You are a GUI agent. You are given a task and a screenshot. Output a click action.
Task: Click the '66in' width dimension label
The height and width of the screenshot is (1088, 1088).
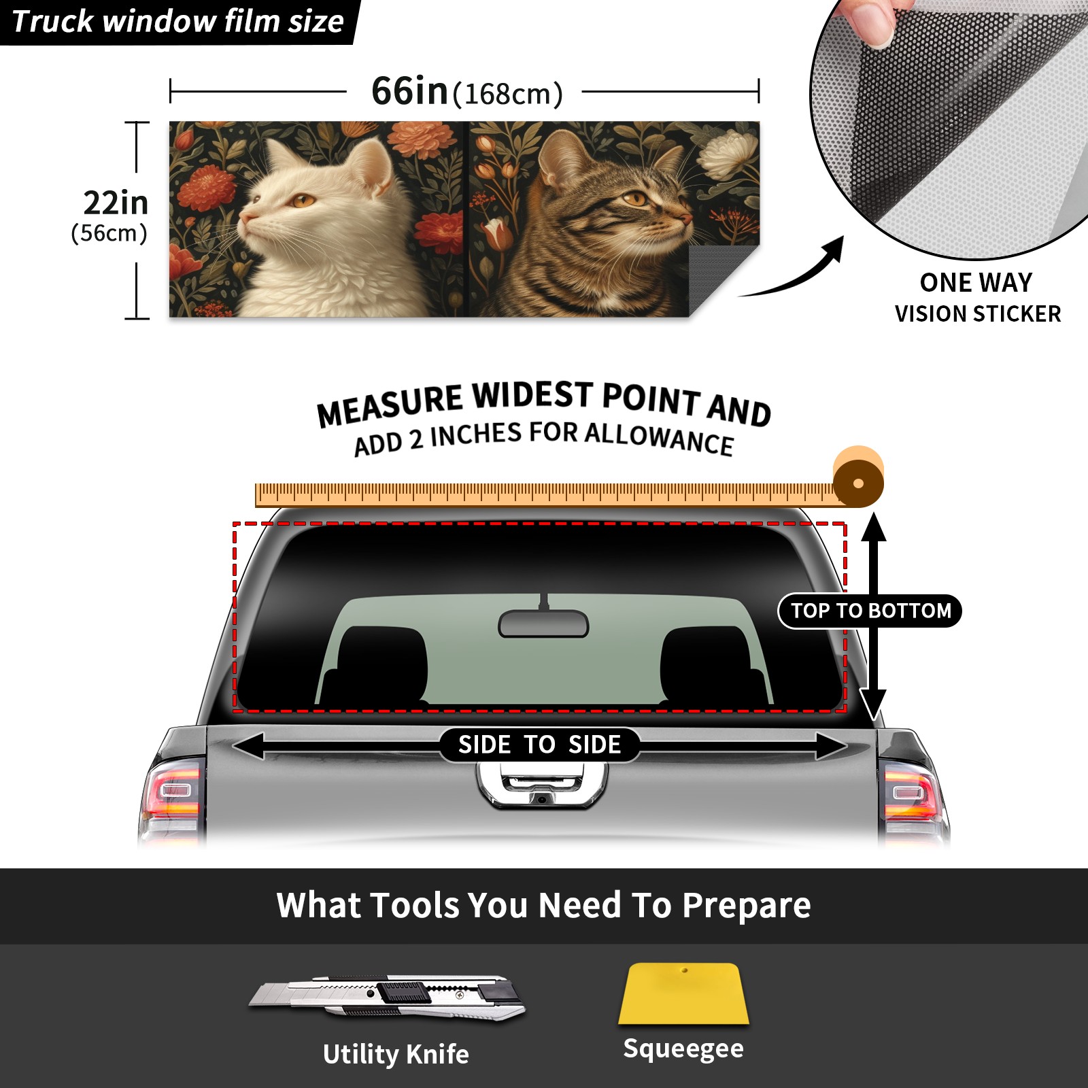coord(409,91)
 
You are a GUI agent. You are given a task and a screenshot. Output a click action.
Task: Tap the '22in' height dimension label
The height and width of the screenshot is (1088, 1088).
coord(116,203)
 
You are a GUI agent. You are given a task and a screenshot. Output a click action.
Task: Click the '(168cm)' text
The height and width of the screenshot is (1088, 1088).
coord(507,95)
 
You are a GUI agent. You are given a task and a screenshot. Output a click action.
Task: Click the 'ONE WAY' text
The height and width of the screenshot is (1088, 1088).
coord(976,282)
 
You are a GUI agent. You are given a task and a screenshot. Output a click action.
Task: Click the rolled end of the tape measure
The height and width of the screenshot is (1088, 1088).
coord(858,477)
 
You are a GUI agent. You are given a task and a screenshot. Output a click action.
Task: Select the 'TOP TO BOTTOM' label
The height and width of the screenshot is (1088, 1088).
coord(870,611)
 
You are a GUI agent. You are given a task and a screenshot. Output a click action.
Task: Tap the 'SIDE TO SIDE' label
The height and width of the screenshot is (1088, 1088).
coord(539,745)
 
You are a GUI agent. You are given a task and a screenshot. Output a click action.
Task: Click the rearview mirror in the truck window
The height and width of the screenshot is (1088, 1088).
coord(543,623)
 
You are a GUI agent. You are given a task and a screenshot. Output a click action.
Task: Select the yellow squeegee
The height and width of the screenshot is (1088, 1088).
coord(683,993)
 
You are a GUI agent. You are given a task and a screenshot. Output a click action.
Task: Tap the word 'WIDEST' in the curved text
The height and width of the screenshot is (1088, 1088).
coord(532,396)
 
